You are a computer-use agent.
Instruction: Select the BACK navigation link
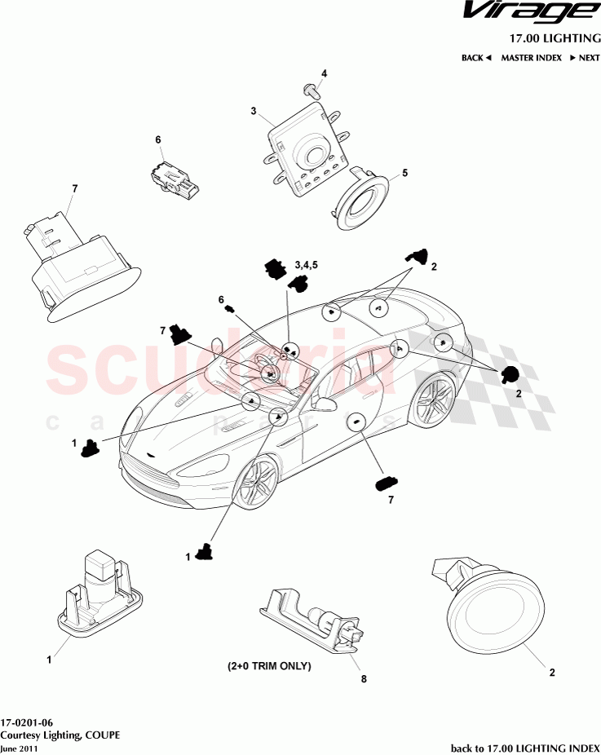pyautogui.click(x=476, y=58)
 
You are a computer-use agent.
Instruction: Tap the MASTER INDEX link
pyautogui.click(x=531, y=58)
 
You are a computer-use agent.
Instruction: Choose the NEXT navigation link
pyautogui.click(x=586, y=58)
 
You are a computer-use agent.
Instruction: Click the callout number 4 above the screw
pyautogui.click(x=324, y=73)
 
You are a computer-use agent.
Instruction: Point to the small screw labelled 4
pyautogui.click(x=311, y=91)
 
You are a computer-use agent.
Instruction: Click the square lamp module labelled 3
pyautogui.click(x=306, y=148)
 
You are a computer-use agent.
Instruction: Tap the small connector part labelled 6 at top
pyautogui.click(x=174, y=179)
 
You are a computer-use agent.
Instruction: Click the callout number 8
pyautogui.click(x=364, y=678)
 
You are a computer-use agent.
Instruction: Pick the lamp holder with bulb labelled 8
pyautogui.click(x=312, y=618)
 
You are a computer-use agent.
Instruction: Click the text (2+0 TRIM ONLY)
pyautogui.click(x=269, y=666)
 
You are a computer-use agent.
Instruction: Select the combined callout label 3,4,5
pyautogui.click(x=307, y=265)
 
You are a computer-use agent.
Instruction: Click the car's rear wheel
pyautogui.click(x=432, y=400)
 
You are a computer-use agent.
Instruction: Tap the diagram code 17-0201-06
pyautogui.click(x=27, y=722)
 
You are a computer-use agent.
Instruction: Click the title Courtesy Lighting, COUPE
pyautogui.click(x=60, y=735)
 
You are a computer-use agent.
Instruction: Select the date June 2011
pyautogui.click(x=19, y=748)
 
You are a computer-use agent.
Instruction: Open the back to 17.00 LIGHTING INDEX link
pyautogui.click(x=525, y=748)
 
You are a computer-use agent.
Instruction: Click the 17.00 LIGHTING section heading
pyautogui.click(x=555, y=38)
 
